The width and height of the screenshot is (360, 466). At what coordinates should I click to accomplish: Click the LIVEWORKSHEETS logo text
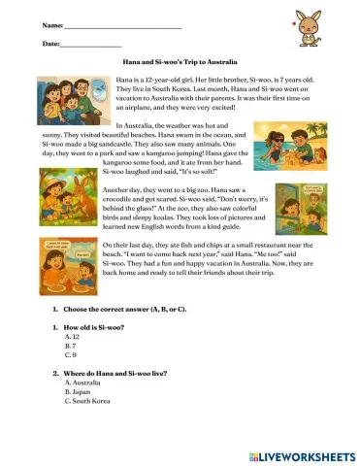pos(308,455)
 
